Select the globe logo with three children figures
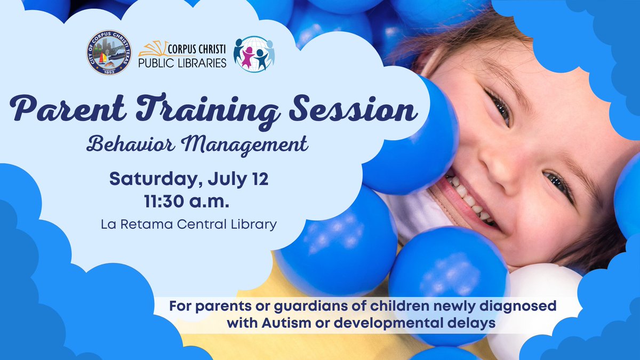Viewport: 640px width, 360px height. point(254,54)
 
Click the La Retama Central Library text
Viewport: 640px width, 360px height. point(189,224)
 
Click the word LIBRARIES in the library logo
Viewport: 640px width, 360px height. point(198,63)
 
